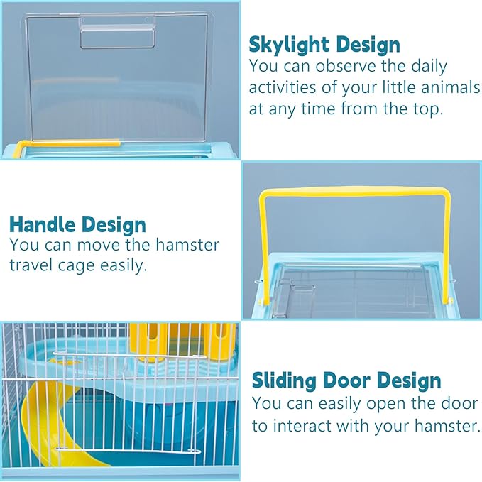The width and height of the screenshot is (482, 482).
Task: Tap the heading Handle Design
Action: (x=77, y=225)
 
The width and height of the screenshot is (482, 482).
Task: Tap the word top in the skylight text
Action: (x=396, y=109)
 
